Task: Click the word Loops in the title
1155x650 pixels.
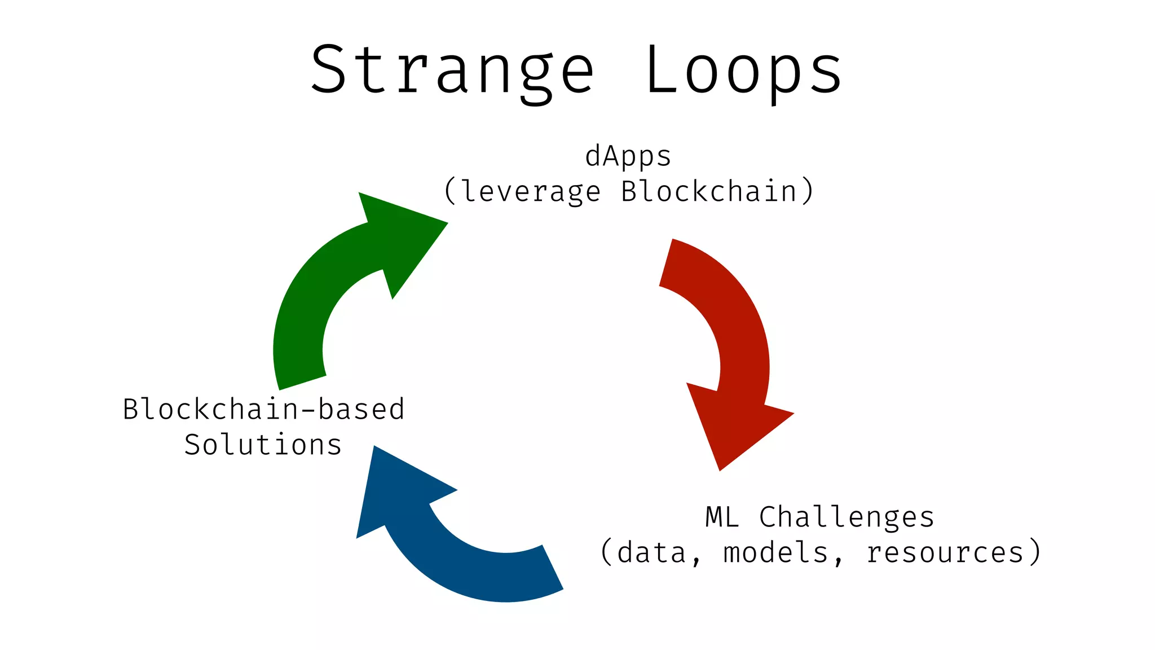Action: [743, 71]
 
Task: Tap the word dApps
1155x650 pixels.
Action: [628, 157]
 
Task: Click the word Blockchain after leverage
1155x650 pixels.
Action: [709, 192]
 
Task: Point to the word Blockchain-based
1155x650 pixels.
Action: [263, 409]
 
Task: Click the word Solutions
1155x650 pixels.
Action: [263, 445]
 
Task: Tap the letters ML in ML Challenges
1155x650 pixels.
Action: [722, 517]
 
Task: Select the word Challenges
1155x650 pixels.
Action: [847, 517]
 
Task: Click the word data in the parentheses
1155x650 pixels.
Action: [651, 552]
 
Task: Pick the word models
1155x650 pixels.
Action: [775, 552]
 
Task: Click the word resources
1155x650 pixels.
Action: [945, 552]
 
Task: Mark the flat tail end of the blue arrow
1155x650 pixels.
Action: [552, 568]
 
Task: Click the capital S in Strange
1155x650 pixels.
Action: [328, 71]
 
